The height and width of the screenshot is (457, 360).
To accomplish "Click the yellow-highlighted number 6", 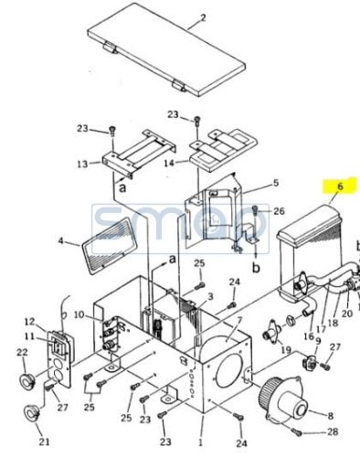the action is tap(340, 186).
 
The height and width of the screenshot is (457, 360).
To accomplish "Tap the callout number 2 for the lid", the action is tap(203, 17).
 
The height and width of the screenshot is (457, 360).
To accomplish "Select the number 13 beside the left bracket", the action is tap(82, 164).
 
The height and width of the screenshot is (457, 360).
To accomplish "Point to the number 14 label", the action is tap(169, 164).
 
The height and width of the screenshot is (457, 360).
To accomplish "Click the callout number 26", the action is tap(279, 211).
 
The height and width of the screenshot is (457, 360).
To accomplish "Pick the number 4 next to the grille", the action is tap(61, 240).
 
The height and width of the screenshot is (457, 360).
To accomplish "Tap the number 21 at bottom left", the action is tap(44, 441).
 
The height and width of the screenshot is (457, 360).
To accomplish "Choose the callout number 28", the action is tap(333, 431).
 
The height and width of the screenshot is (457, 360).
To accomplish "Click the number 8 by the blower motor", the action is tap(330, 416).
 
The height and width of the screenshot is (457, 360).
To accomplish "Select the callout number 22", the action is tap(22, 352).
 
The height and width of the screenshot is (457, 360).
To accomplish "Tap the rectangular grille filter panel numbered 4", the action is tap(109, 246).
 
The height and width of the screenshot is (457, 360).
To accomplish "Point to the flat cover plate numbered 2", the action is tap(166, 49).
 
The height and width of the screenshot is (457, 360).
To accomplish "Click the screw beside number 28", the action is tap(297, 431).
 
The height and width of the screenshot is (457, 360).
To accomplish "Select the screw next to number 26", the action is tap(256, 210).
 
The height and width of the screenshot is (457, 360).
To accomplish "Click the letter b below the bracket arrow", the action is tap(256, 268).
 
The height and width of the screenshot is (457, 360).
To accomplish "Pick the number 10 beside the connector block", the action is tap(79, 314).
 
